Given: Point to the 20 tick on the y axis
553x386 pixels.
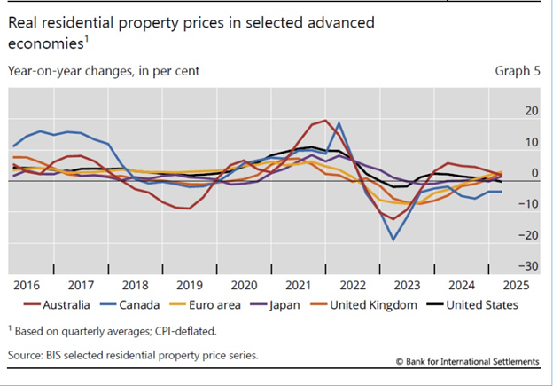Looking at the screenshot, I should click(532, 111).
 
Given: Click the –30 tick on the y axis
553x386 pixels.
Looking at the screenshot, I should click(529, 266).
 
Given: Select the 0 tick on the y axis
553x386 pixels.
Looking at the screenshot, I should click(535, 173).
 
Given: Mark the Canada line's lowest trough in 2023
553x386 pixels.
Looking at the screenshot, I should click(393, 240).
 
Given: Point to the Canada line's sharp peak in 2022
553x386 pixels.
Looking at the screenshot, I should click(339, 122).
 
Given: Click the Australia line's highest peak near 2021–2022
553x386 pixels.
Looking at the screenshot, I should click(325, 121).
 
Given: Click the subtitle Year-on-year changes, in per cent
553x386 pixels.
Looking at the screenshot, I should click(104, 69).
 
